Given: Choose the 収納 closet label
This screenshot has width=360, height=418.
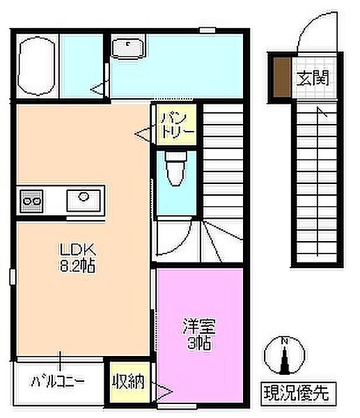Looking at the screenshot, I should [129, 381].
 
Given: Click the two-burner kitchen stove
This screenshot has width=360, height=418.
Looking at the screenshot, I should [32, 201].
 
